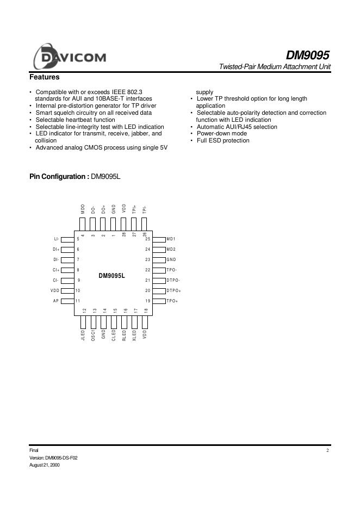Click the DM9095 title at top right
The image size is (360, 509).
coord(308,55)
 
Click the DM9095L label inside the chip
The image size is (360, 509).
coord(112,276)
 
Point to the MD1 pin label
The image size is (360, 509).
coord(171,239)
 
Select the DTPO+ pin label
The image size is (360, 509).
coord(173,291)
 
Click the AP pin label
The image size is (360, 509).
coord(55,301)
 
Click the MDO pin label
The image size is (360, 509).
coord(83,209)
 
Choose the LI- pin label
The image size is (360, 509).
coord(56,239)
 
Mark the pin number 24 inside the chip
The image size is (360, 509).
coord(147,249)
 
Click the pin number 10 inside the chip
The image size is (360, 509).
coord(78,291)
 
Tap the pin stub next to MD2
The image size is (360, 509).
coord(159,249)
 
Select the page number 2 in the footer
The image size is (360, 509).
coord(328,450)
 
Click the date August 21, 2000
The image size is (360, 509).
coord(44,465)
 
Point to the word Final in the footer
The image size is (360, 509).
coord(34,450)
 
